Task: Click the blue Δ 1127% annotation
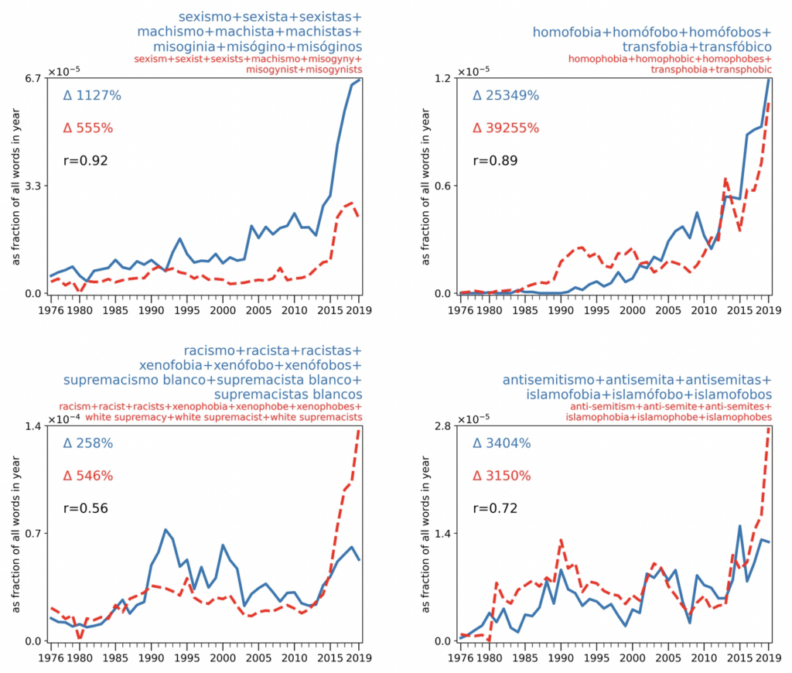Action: coord(92,96)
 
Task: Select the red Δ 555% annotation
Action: coord(88,128)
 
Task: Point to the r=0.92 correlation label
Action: coord(85,161)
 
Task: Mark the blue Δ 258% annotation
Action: coord(88,444)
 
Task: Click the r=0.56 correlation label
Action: coord(85,509)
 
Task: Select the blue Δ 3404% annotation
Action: coord(502,444)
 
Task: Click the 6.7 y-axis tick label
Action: coord(32,78)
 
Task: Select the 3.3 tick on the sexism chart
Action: coord(32,186)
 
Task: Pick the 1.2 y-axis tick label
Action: coord(442,78)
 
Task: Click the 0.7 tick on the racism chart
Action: coord(32,534)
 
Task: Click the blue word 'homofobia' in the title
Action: coord(563,33)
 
